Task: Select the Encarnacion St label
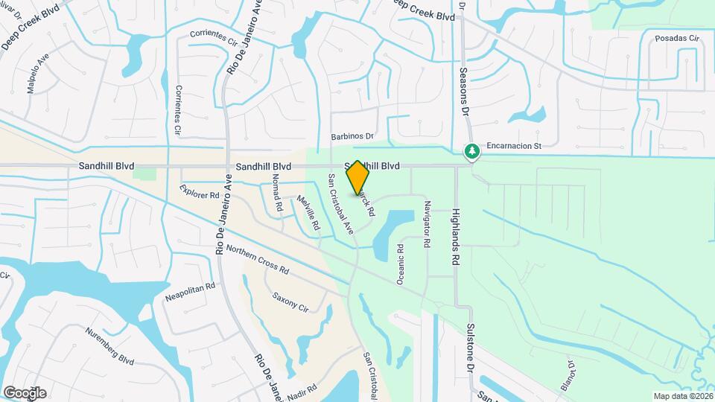[x=513, y=147]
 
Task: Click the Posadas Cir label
[x=677, y=38]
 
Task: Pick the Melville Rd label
[x=308, y=211]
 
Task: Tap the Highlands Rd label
[x=456, y=237]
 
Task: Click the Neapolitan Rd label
[x=190, y=291]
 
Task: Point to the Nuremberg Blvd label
[x=109, y=347]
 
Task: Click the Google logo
[x=25, y=392]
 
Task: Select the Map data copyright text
[x=682, y=396]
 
